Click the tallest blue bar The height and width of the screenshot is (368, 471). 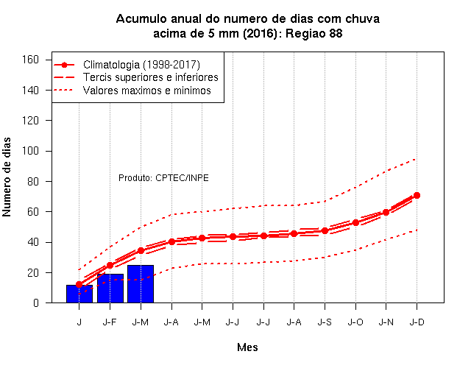pyautogui.click(x=141, y=284)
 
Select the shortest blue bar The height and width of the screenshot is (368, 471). pyautogui.click(x=79, y=294)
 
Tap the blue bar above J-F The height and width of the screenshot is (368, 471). pyautogui.click(x=110, y=289)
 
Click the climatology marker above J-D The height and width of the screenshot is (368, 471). pyautogui.click(x=417, y=195)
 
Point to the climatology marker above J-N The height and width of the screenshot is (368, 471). pyautogui.click(x=386, y=213)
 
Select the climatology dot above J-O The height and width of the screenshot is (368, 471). pyautogui.click(x=355, y=222)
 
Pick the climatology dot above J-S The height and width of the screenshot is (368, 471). pyautogui.click(x=325, y=230)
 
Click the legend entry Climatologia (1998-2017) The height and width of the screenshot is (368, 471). pyautogui.click(x=141, y=65)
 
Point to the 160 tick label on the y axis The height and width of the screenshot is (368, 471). pyautogui.click(x=30, y=60)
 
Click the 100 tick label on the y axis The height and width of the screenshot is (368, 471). pyautogui.click(x=30, y=150)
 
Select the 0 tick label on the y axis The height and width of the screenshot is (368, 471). pyautogui.click(x=36, y=302)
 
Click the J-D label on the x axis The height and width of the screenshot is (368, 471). pyautogui.click(x=417, y=322)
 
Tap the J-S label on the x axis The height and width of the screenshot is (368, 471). pyautogui.click(x=325, y=322)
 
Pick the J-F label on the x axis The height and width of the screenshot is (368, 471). pyautogui.click(x=110, y=322)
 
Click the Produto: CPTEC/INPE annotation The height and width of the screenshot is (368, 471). pyautogui.click(x=163, y=178)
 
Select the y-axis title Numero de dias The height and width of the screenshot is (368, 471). pyautogui.click(x=7, y=177)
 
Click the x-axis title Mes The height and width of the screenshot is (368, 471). pyautogui.click(x=247, y=347)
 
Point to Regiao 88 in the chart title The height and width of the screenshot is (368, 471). pyautogui.click(x=314, y=33)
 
